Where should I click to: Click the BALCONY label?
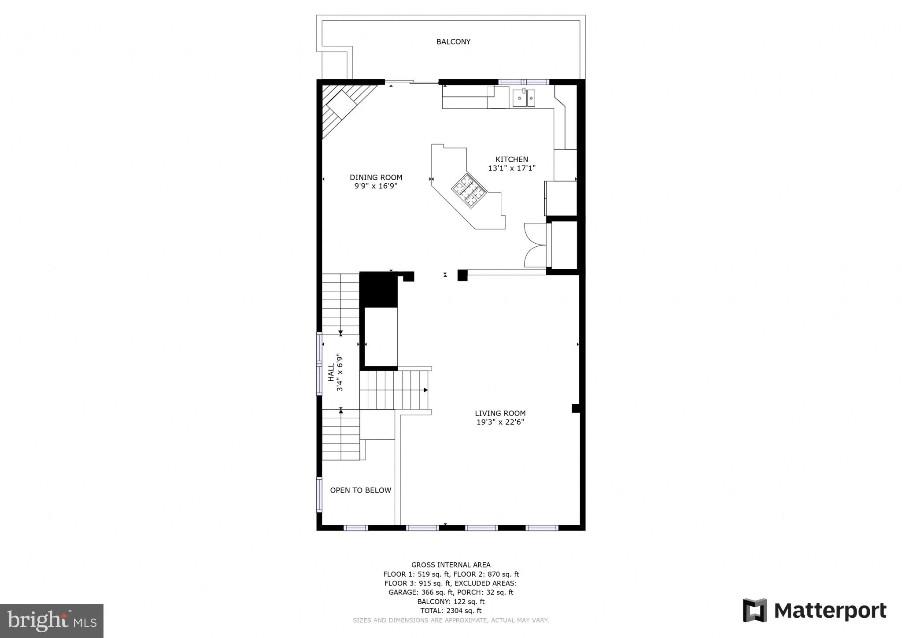pos(453,42)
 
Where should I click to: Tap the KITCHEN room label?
pos(511,159)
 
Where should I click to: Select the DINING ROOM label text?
pos(376,178)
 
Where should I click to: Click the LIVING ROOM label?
pos(500,413)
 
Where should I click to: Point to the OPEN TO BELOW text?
pos(360,490)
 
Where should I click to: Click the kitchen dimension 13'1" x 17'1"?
pos(511,168)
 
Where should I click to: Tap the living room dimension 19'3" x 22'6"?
pos(500,422)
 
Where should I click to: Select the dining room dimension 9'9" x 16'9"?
pos(376,186)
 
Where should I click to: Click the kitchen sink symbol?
pos(524,98)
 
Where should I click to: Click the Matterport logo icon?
pos(755,610)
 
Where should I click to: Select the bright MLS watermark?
pos(52,621)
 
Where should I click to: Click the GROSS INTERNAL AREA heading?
pos(451,565)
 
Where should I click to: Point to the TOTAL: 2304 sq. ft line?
pos(451,611)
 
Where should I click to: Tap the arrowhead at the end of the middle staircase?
pos(425,390)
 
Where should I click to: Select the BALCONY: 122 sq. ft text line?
pos(451,601)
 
